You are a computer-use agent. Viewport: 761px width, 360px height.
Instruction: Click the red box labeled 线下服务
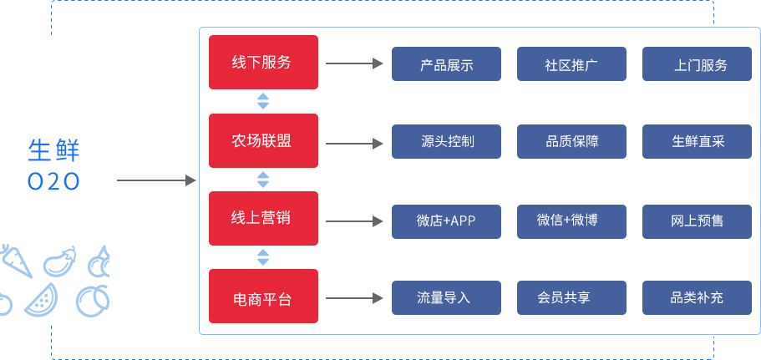263,63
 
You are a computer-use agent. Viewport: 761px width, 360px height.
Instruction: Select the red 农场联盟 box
263,141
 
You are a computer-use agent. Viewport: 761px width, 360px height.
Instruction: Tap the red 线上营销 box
263,218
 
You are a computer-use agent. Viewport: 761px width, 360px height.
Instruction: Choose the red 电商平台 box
263,297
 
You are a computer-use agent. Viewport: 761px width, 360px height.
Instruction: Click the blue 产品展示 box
446,64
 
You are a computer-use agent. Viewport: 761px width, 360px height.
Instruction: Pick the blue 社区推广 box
571,64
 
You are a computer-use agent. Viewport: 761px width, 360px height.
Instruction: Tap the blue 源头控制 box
446,142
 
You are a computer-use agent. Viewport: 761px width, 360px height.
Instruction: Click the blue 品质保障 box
571,142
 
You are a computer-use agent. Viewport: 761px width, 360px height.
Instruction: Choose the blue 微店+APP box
446,221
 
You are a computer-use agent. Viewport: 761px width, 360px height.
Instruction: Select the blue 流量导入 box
446,297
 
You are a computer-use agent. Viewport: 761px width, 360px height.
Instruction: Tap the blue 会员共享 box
571,297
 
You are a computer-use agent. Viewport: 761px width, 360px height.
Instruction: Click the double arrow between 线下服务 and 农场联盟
263,102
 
